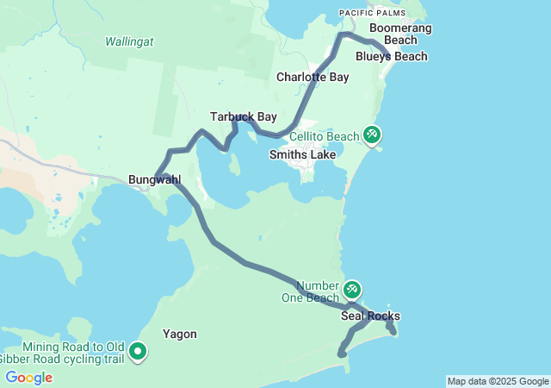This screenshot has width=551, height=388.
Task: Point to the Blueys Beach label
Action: pyautogui.click(x=392, y=57)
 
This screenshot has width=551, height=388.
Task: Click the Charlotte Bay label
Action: pyautogui.click(x=313, y=77)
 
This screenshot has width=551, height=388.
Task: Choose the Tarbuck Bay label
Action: pyautogui.click(x=237, y=116)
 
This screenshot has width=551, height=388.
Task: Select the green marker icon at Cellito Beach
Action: pyautogui.click(x=372, y=135)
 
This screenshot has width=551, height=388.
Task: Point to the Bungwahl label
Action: pyautogui.click(x=154, y=179)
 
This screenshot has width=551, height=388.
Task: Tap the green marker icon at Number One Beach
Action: pyautogui.click(x=352, y=289)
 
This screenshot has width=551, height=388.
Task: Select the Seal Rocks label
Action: pyautogui.click(x=370, y=316)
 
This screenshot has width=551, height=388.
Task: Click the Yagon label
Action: pyautogui.click(x=180, y=334)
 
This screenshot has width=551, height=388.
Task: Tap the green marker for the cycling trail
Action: pyautogui.click(x=138, y=351)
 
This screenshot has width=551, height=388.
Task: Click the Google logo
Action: pyautogui.click(x=28, y=378)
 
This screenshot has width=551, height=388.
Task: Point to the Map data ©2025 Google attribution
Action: pyautogui.click(x=498, y=381)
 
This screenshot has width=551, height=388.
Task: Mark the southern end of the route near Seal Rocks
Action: pyautogui.click(x=342, y=354)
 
